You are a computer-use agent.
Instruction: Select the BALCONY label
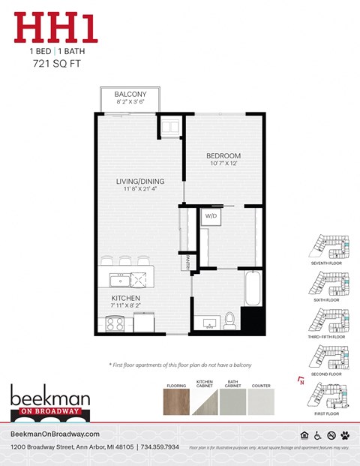pos(130,95)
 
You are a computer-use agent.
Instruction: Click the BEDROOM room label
pos(223,155)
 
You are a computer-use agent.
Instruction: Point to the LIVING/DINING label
pos(139,182)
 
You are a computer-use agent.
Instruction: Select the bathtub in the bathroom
pos(253,289)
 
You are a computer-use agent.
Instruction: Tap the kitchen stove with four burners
pos(115,324)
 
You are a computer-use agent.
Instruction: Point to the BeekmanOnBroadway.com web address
pos(55,434)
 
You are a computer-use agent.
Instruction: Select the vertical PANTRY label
pos(187,260)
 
